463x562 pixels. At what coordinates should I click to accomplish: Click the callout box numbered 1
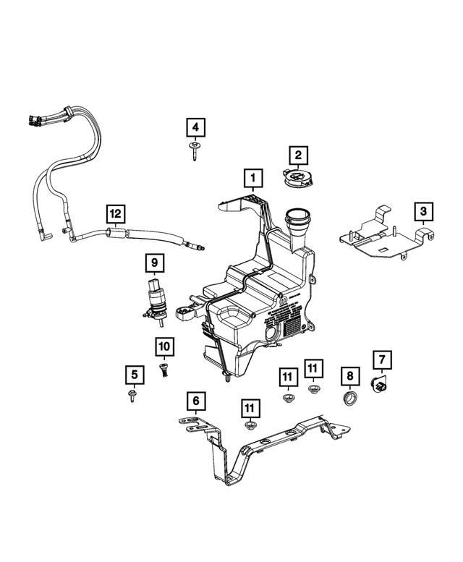(x=252, y=176)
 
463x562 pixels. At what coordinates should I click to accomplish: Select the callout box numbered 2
(x=297, y=154)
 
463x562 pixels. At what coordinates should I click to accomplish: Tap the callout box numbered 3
(x=423, y=211)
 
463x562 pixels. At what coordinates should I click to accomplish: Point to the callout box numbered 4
(x=194, y=129)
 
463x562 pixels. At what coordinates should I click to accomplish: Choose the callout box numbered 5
(x=134, y=375)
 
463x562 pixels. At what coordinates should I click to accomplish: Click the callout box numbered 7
(x=381, y=359)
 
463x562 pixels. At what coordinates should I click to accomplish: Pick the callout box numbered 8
(x=349, y=375)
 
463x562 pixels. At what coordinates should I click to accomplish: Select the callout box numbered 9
(x=153, y=261)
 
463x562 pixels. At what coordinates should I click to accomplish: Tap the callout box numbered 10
(x=163, y=348)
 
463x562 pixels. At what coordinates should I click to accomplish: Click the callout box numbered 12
(x=116, y=213)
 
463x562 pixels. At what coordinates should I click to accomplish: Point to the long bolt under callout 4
(x=195, y=151)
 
